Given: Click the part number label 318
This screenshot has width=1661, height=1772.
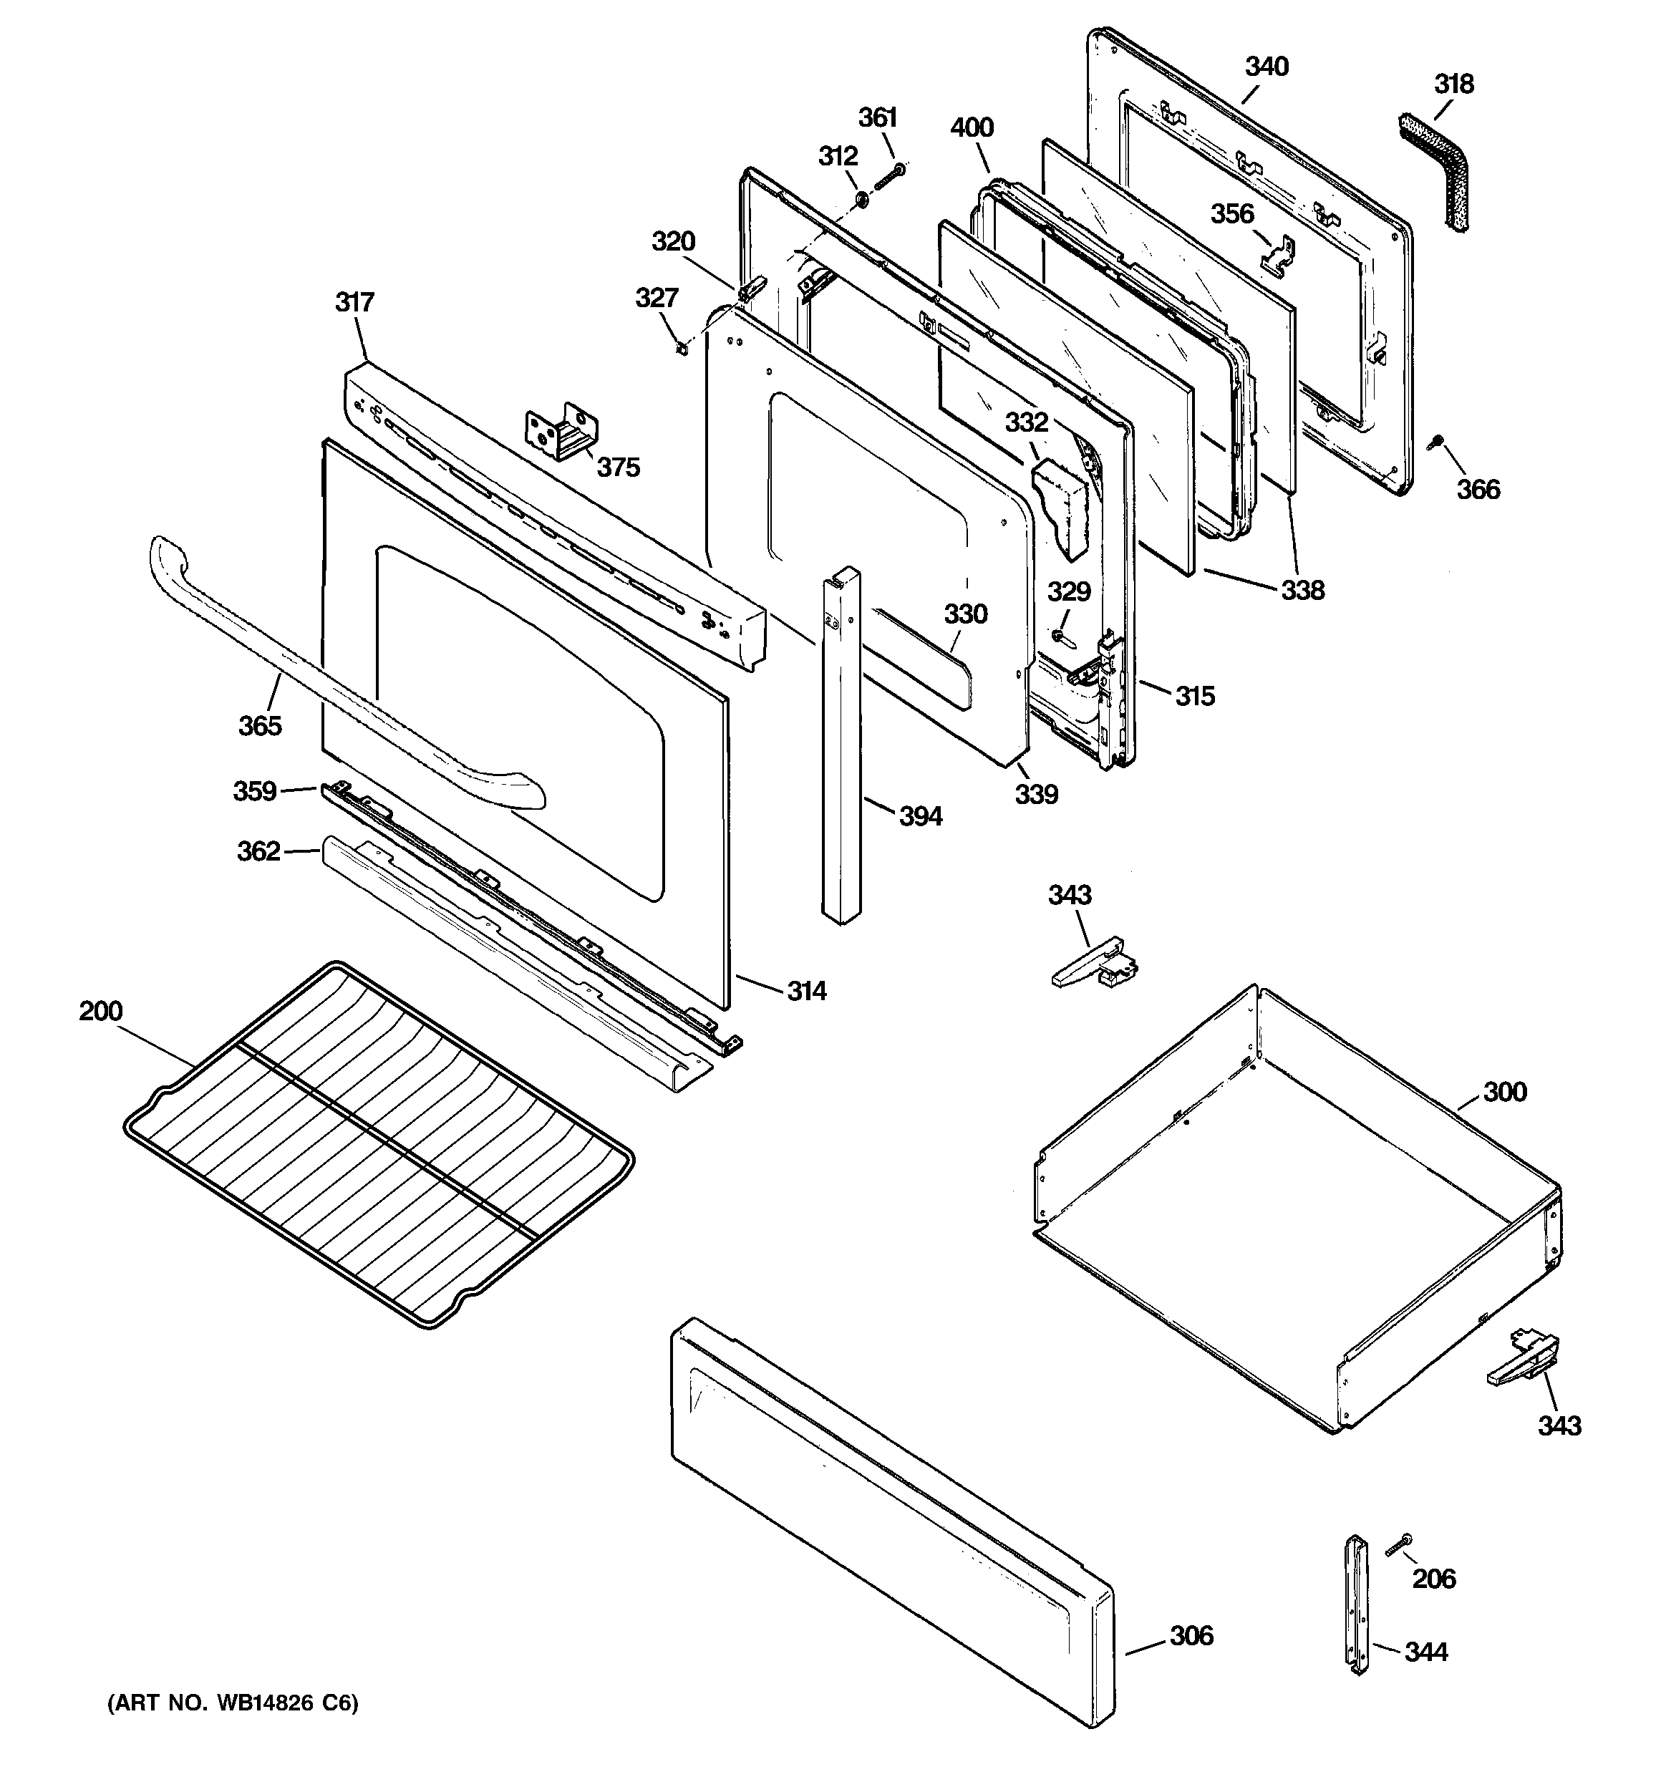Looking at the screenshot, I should coord(1453,84).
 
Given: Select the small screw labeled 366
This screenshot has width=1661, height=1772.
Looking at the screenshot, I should coord(1435,442).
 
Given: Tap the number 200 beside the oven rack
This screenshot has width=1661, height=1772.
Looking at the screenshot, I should coord(101,1011).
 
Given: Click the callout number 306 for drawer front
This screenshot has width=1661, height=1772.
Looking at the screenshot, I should coord(1191,1636).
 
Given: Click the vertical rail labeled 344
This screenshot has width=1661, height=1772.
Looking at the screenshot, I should coord(1357,1604).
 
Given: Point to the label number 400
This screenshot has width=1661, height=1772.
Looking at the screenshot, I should coord(972,127).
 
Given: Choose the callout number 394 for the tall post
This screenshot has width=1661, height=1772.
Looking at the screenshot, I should coord(920,815).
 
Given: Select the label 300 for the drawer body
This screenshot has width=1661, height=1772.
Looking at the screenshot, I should coord(1505,1092).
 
